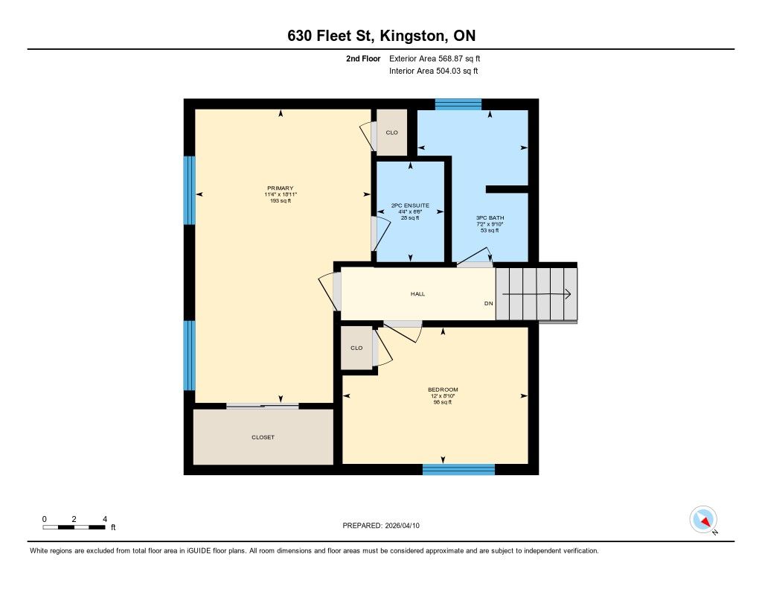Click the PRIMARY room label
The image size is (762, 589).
(x=281, y=188)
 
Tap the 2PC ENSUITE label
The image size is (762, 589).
(x=410, y=206)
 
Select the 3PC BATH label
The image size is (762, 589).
(x=490, y=218)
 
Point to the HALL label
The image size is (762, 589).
(x=418, y=294)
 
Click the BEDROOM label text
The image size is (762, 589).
(x=443, y=389)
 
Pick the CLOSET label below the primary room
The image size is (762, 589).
(x=263, y=437)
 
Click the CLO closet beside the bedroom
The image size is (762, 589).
(x=356, y=348)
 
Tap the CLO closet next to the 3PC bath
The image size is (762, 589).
(x=391, y=133)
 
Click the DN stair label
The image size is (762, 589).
(x=488, y=304)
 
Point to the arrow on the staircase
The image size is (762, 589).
(x=537, y=294)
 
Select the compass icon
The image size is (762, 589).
(x=703, y=520)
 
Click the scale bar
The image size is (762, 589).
(x=74, y=527)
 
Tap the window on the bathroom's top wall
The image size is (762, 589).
(x=458, y=104)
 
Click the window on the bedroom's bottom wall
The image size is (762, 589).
(x=458, y=469)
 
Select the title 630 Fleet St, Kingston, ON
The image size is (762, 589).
(x=382, y=36)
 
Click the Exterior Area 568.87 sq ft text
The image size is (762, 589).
(x=435, y=58)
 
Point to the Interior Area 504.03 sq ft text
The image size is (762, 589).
(x=434, y=71)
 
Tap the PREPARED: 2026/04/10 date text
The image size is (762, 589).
(x=381, y=525)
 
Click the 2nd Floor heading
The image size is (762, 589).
(x=363, y=58)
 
